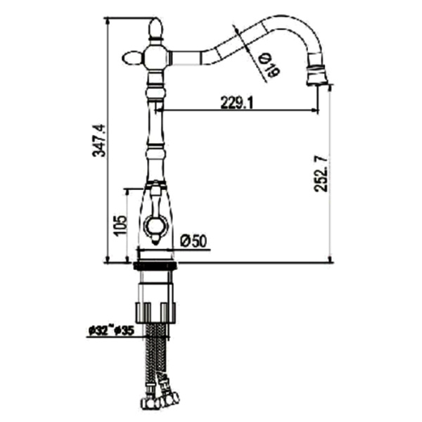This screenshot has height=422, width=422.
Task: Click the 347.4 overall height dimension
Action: point(98,141)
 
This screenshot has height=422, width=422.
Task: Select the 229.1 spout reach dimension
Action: point(237,103)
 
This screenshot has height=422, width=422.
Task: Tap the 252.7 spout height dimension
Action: point(321,174)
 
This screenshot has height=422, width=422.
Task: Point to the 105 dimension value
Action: point(120,226)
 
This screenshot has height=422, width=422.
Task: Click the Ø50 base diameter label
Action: point(193,241)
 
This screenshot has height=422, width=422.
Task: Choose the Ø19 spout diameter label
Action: point(269,66)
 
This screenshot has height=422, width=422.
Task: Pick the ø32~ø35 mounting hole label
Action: point(111,331)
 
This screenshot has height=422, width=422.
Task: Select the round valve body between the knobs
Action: point(156,58)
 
